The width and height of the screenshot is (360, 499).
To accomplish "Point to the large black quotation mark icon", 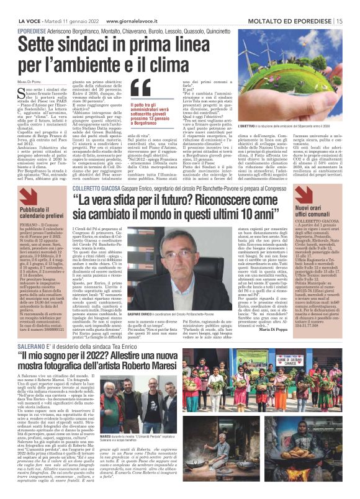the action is pyautogui.click(x=140, y=88).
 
